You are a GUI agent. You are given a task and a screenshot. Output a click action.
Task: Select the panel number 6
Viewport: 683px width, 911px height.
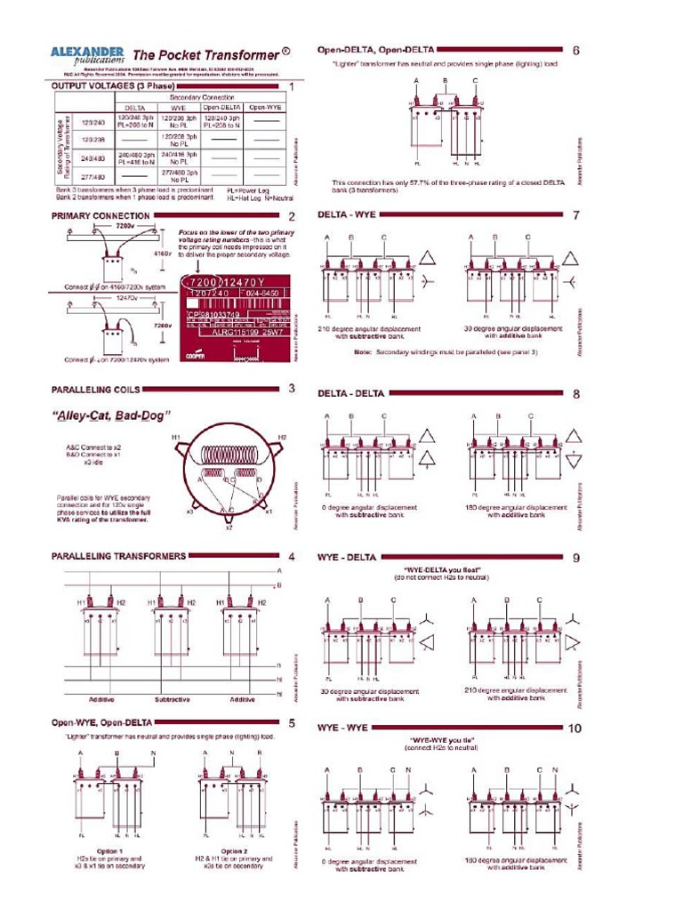[x=575, y=51]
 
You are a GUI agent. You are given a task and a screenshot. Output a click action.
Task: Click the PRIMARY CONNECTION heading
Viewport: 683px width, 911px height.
[x=100, y=216]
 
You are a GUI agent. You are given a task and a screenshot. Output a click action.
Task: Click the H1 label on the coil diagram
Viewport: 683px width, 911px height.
[x=176, y=438]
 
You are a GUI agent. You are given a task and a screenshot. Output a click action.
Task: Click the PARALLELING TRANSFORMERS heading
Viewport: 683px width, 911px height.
[x=118, y=556]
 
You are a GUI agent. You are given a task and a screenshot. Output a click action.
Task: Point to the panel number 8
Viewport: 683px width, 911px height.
[x=575, y=393]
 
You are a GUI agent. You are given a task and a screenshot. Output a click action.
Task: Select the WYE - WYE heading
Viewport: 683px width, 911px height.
[x=343, y=728]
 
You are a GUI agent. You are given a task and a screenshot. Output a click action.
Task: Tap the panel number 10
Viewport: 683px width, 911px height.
[x=574, y=729]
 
